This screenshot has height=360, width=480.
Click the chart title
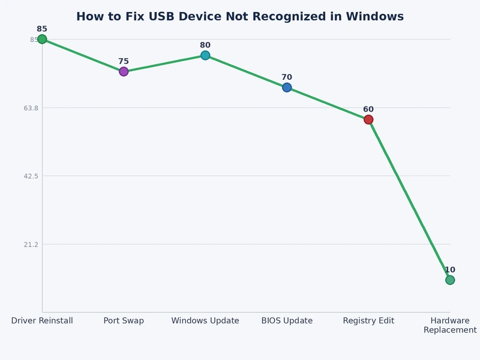[240, 17]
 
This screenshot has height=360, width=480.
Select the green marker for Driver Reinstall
[42, 40]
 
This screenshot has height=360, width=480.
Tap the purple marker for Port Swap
[124, 71]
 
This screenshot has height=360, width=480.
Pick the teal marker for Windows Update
[205, 55]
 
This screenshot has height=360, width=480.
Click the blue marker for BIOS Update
[287, 88]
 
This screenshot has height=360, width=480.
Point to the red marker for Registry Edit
[368, 119]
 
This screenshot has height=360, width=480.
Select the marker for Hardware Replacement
[450, 280]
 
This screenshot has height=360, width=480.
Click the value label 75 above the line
[124, 61]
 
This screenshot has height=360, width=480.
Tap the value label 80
[205, 45]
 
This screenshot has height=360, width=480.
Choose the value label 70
[287, 77]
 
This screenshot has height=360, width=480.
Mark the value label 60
[368, 109]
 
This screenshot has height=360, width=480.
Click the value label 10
[450, 270]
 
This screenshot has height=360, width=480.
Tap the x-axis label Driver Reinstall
[42, 321]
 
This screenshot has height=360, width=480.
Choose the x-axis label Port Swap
[124, 321]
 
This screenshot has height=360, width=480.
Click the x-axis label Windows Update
[205, 321]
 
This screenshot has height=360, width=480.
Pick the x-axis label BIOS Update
[287, 321]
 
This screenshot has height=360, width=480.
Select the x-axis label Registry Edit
[368, 321]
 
